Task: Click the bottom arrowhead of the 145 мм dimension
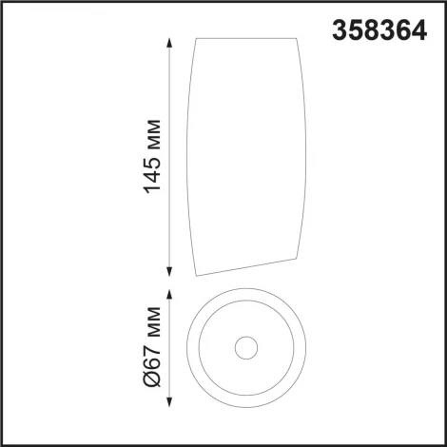tap(169, 271)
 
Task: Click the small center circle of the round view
tap(249, 347)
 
